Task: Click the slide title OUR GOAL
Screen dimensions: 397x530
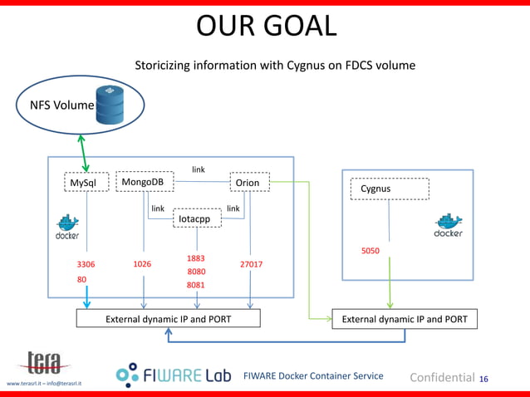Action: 266,26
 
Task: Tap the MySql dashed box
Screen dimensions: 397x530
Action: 87,182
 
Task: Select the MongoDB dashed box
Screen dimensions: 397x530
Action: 144,181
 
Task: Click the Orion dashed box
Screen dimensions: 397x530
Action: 248,182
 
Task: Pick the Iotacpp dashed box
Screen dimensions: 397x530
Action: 196,218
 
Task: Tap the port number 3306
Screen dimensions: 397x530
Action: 86,264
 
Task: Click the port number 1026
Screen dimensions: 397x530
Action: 142,264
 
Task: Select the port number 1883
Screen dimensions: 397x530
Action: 196,258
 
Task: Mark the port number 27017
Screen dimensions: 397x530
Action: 251,264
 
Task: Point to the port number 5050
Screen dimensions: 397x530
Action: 371,250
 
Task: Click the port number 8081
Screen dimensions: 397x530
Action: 196,285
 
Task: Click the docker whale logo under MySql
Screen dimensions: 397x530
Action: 67,228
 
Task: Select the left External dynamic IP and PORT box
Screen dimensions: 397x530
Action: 168,318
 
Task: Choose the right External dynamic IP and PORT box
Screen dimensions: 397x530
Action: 405,318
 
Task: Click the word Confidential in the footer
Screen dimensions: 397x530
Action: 442,378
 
